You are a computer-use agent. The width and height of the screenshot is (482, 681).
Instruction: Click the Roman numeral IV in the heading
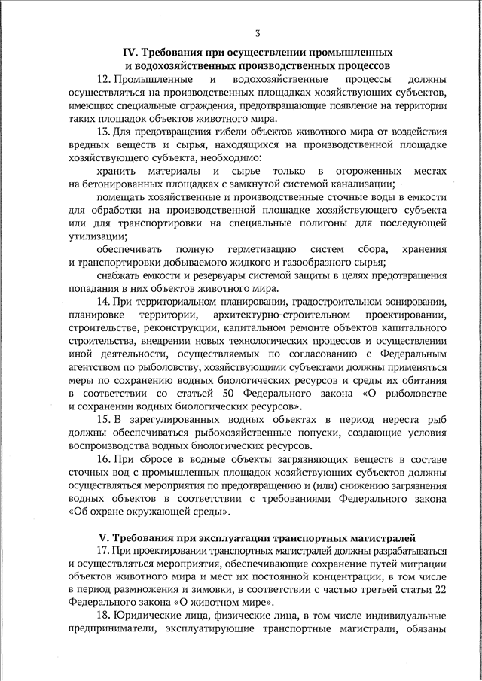pos(129,53)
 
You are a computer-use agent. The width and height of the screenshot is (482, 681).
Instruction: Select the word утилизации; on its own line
pos(97,236)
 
